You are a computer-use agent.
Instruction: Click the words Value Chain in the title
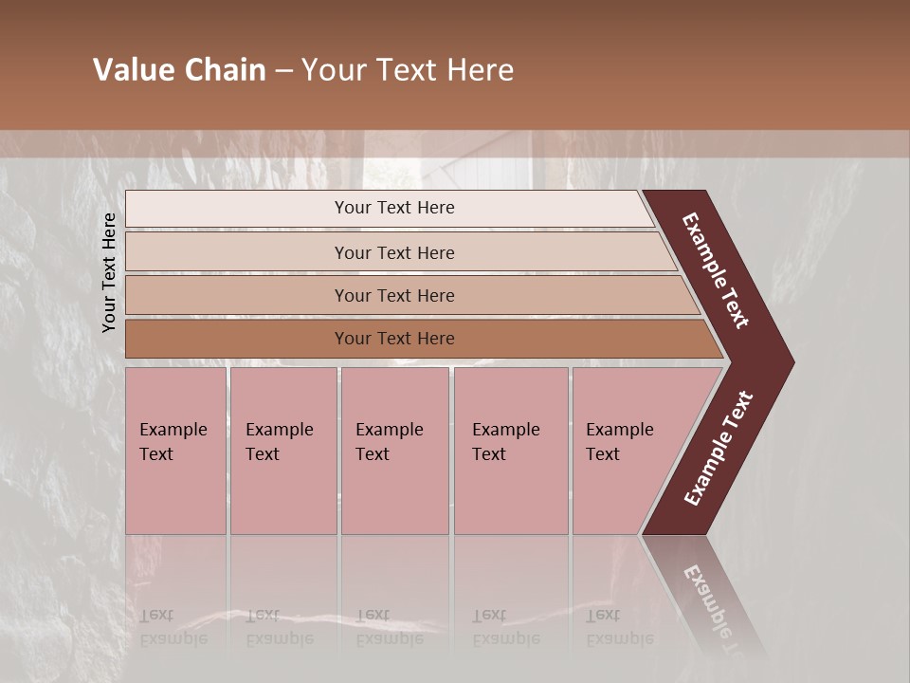(179, 70)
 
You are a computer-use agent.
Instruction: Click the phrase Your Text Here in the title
(408, 70)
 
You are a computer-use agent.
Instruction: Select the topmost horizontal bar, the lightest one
(237, 209)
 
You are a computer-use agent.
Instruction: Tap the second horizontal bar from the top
(237, 252)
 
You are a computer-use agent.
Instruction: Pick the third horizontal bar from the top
(237, 295)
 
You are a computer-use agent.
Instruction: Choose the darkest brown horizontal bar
(237, 339)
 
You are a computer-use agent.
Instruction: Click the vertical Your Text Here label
(109, 273)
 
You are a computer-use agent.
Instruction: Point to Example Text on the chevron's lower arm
(719, 449)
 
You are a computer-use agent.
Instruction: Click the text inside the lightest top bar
(394, 208)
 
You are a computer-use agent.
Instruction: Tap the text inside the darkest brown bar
(394, 339)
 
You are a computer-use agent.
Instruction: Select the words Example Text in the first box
(173, 441)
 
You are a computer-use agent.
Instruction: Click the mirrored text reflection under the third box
(389, 626)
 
